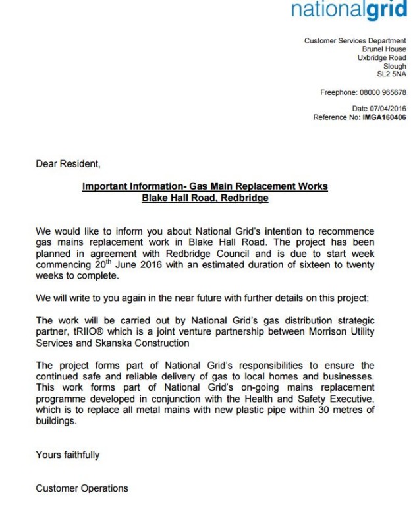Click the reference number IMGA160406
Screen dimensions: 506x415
(x=384, y=117)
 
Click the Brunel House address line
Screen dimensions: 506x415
(x=384, y=49)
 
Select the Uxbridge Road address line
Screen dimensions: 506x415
(x=381, y=58)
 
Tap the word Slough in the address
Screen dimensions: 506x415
(x=395, y=66)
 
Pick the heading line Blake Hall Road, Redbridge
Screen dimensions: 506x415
(x=205, y=198)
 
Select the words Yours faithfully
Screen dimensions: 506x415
(x=68, y=455)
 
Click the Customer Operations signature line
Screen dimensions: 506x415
(x=82, y=488)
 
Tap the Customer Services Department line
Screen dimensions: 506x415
(x=354, y=41)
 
